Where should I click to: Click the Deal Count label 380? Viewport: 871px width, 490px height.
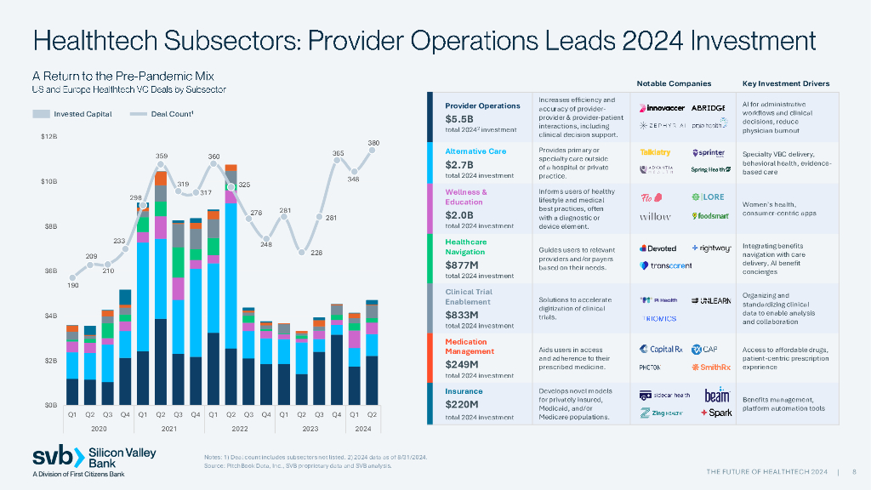[x=373, y=142]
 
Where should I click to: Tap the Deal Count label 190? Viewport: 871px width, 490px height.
[x=73, y=286]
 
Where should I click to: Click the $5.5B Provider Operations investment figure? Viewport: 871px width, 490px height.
[x=459, y=119]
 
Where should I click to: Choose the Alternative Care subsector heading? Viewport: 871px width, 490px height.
[x=475, y=151]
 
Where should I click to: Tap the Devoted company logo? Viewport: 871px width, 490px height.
[x=657, y=248]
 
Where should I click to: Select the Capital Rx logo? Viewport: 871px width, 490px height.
[x=661, y=349]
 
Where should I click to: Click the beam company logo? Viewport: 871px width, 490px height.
[x=716, y=396]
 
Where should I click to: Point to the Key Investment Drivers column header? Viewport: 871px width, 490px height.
[x=785, y=83]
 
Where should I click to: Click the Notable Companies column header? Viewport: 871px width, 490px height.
[x=674, y=83]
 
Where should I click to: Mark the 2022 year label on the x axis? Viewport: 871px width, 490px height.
[x=240, y=429]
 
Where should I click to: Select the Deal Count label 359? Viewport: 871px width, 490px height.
[x=161, y=156]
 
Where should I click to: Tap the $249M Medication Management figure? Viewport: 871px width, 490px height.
[x=463, y=363]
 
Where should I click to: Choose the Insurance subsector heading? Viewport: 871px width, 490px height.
[x=464, y=391]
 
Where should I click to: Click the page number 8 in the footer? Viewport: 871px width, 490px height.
[x=853, y=471]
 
